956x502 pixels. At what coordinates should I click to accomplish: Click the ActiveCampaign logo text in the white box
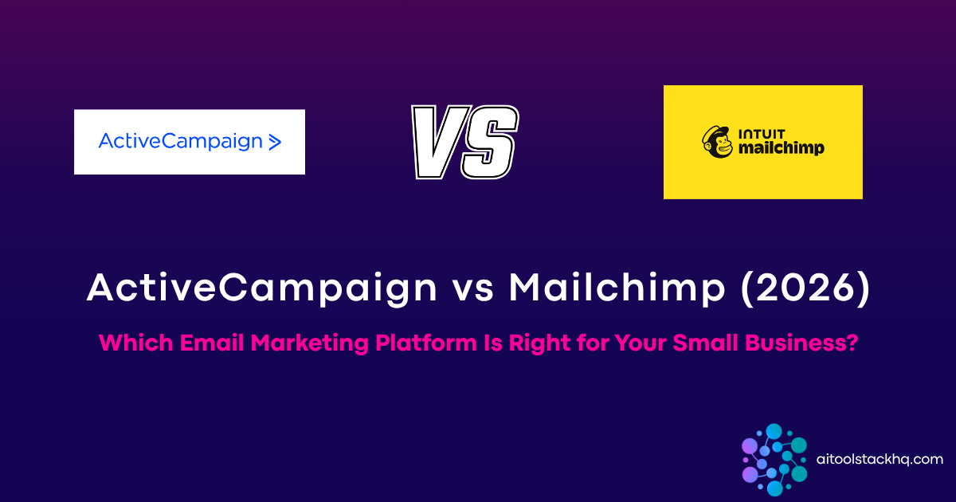click(180, 142)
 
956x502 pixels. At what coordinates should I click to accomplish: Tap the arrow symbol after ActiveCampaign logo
click(275, 143)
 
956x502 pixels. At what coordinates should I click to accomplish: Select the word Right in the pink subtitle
click(529, 344)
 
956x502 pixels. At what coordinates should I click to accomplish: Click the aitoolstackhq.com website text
click(880, 459)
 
